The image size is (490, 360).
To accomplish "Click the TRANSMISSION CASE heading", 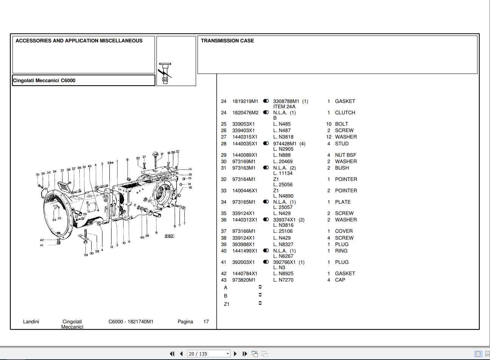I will pos(227,41).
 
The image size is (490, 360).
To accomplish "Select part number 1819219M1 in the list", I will pos(245,101).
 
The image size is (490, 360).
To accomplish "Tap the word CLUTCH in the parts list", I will pos(345,113).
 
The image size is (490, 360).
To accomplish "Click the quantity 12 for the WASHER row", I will pos(328,137).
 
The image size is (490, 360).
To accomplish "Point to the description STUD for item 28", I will pos(342,144).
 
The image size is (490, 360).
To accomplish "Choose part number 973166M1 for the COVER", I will pos(243,231).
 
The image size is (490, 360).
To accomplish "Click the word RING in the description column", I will pos(341,251).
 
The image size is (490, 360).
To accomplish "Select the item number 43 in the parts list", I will pos(223,280).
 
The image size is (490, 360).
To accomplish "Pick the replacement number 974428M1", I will pos(285,144).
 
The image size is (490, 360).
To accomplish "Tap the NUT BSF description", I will pos(345,155).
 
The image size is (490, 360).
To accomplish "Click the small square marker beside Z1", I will pos(260,303).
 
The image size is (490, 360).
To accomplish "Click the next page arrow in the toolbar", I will pos(235,354).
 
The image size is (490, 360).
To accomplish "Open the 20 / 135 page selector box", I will pos(208,354).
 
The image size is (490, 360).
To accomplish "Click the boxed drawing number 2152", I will pos(169,236).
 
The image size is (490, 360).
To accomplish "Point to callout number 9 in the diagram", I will pos(127,160).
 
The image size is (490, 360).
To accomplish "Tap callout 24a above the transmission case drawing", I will pos(110,163).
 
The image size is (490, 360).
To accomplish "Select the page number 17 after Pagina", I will pos(206,322).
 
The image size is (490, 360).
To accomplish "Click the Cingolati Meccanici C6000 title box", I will pos(83,81).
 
